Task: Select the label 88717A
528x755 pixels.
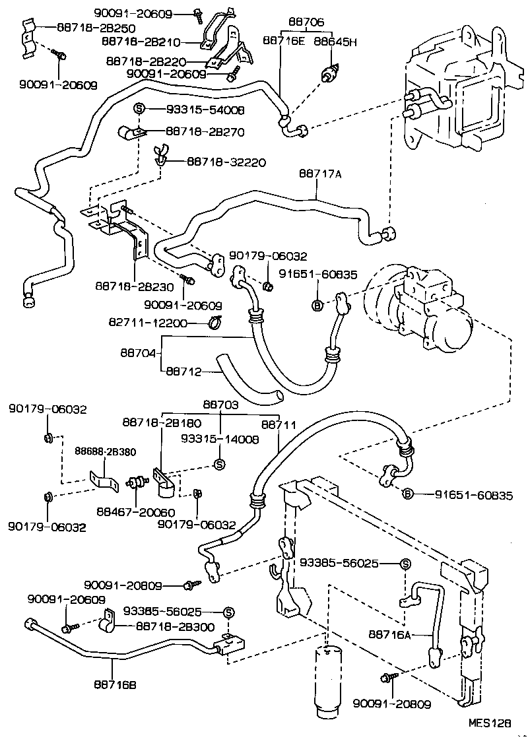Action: [320, 175]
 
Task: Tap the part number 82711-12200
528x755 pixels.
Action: [148, 323]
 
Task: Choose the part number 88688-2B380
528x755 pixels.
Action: [106, 452]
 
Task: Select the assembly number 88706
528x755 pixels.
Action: [303, 22]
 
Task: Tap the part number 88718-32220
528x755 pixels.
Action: [226, 160]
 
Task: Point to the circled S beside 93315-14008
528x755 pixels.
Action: [220, 464]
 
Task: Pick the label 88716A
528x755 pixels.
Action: [389, 635]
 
